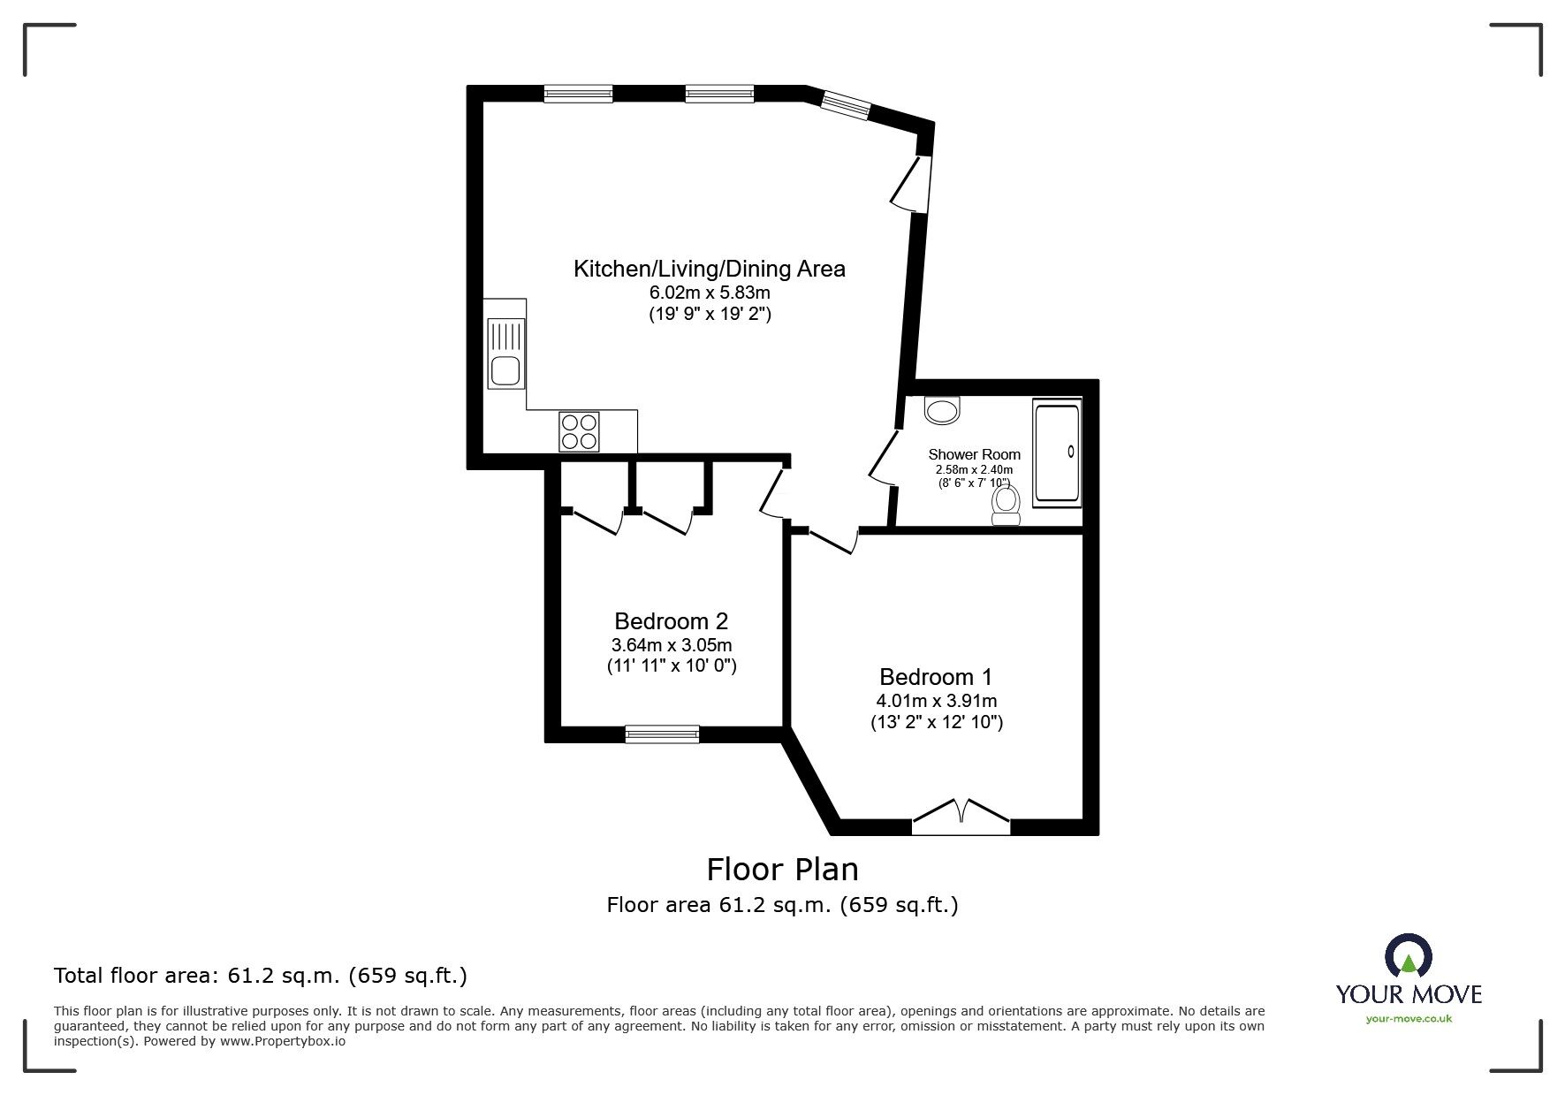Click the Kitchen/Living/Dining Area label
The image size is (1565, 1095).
tap(710, 269)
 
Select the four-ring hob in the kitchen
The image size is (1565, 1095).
tap(579, 431)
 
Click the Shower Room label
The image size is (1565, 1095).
tap(974, 454)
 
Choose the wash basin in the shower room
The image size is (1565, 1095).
tap(942, 410)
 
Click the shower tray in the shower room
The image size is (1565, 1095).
tap(1057, 454)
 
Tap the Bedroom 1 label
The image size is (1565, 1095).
tap(936, 677)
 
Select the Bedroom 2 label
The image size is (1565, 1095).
tap(672, 621)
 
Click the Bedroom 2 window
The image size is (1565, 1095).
tap(662, 734)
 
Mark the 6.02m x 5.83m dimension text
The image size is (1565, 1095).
tap(710, 293)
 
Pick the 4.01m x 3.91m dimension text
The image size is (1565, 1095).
tap(936, 702)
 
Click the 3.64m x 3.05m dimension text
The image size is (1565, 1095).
tap(672, 645)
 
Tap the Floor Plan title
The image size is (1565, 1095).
tap(782, 870)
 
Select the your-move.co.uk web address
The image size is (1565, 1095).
tap(1409, 1019)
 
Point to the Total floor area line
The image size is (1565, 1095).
tap(261, 976)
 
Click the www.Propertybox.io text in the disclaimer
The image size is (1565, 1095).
tap(283, 1041)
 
